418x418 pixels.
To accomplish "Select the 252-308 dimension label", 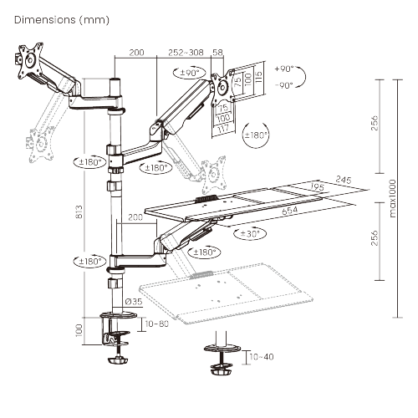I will [185, 52].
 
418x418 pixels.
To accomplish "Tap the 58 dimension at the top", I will [218, 52].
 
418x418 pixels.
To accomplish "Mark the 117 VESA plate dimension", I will [223, 127].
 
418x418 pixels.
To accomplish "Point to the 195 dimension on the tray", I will [317, 186].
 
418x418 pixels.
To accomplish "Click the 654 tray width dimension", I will [290, 211].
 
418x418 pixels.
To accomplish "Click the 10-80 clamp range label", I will [157, 324].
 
